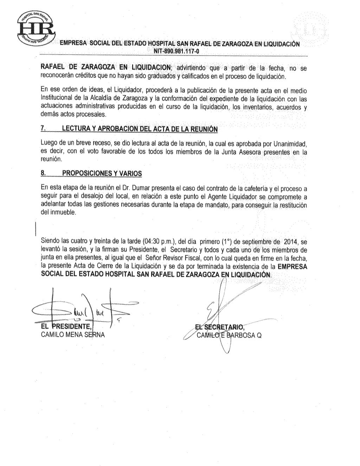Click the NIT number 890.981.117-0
175,51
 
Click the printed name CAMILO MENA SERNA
73,335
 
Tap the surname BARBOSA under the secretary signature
241,335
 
